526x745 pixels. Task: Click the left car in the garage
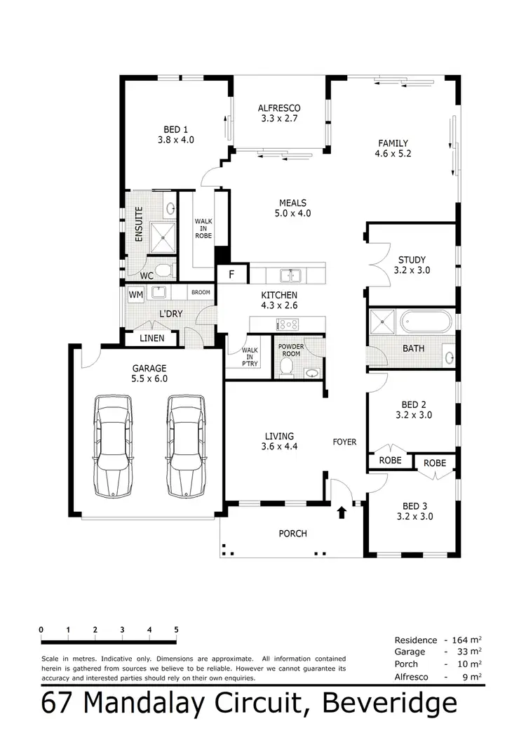[x=113, y=445]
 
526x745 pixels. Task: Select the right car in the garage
[x=186, y=445]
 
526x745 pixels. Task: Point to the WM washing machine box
[x=135, y=294]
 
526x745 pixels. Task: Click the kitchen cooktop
[x=288, y=324]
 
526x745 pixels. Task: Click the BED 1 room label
[x=175, y=129]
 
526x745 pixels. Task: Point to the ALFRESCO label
[x=279, y=108]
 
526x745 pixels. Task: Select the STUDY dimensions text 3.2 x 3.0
[x=412, y=270]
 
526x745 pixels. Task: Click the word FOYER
[x=344, y=442]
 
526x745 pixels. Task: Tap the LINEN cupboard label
[x=151, y=338]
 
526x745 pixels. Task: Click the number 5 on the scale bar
[x=176, y=630]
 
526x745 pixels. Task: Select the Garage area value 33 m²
[x=470, y=652]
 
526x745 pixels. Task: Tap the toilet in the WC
[x=163, y=270]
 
